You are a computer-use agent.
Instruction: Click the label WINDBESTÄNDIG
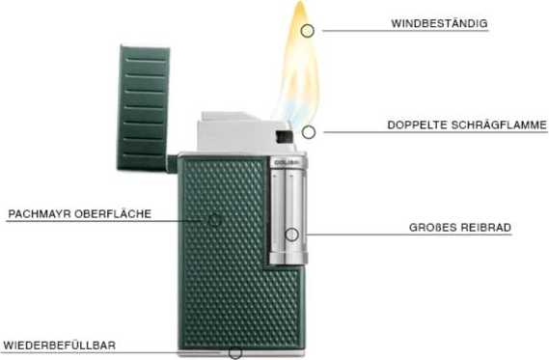[x=439, y=23]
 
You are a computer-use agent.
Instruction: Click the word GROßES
[x=432, y=227]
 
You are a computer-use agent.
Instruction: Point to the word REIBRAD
[x=485, y=227]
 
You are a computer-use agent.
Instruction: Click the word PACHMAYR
[x=40, y=214]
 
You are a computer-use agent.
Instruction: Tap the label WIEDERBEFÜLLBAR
[x=59, y=346]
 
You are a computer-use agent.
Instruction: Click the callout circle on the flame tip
[x=307, y=31]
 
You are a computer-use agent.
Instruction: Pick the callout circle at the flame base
[x=308, y=132]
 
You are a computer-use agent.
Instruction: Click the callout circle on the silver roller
[x=291, y=235]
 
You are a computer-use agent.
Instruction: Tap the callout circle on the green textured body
[x=214, y=220]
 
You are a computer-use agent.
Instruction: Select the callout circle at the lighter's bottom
[x=235, y=352]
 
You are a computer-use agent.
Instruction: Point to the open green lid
[x=143, y=108]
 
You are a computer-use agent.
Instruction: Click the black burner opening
[x=284, y=137]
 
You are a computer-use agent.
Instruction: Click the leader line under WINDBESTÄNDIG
[x=405, y=31]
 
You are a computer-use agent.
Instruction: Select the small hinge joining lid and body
[x=173, y=163]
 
